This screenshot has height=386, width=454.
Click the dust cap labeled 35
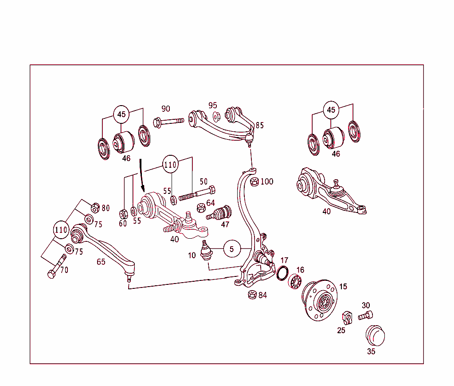[375, 336]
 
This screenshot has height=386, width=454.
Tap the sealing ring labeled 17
[282, 273]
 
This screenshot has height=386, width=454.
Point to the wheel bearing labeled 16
[296, 282]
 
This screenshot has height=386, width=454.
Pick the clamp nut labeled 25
[347, 318]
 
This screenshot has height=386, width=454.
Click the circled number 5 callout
[232, 249]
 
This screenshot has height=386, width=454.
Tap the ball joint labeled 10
[205, 250]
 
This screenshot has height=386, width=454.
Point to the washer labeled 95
[216, 117]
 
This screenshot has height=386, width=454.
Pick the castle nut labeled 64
[200, 207]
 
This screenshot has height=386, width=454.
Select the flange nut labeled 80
[94, 208]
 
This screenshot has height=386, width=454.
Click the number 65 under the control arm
[101, 262]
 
